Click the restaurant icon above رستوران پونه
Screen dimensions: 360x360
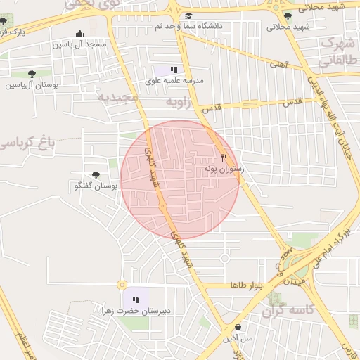pos(224,158)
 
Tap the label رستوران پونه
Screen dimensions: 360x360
pos(224,169)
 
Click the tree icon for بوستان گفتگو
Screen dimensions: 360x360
pos(96,175)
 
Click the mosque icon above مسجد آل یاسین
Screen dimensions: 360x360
pos(79,33)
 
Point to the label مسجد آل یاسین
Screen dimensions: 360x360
pos(79,44)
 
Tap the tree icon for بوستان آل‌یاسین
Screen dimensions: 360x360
pos(31,74)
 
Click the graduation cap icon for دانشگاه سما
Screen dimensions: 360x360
pos(188,16)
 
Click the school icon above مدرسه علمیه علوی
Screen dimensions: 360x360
pos(174,70)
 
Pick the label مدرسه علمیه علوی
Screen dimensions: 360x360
pos(174,81)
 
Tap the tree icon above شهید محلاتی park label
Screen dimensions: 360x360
pos(287,16)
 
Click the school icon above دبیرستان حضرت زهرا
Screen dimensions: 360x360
pos(136,300)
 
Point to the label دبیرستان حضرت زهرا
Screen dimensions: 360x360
pos(136,310)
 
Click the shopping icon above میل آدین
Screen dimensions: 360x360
pos(238,327)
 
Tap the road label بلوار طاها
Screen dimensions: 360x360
pos(245,285)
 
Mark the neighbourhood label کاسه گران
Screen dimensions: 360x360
pos(286,310)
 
